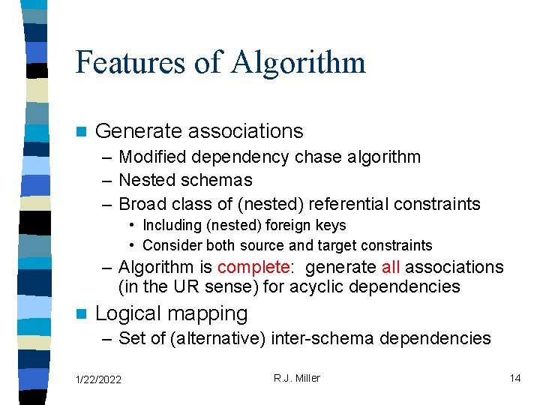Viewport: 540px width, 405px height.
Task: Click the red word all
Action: tap(391, 267)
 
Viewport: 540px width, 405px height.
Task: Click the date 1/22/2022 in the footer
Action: tap(99, 379)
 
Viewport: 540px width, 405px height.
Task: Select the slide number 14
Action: tap(514, 378)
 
